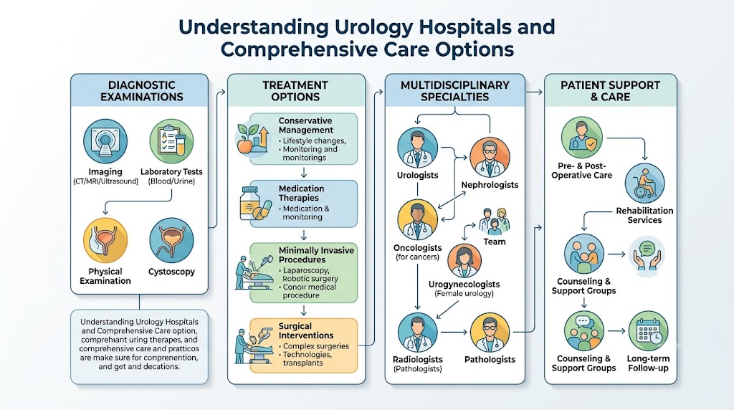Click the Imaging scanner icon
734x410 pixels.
click(105, 141)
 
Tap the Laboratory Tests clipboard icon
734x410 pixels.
click(171, 141)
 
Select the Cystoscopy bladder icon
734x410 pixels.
click(171, 240)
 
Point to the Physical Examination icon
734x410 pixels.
click(105, 240)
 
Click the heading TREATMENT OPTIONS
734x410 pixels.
click(295, 91)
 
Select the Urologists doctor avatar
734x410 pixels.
click(418, 148)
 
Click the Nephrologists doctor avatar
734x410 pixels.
click(490, 157)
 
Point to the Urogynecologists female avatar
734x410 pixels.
click(464, 261)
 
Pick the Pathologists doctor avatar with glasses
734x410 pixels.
click(490, 333)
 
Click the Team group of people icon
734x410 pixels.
click(495, 221)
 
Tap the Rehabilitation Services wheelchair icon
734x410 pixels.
click(644, 183)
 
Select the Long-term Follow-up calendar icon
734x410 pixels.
click(648, 331)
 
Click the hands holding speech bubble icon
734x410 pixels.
click(647, 254)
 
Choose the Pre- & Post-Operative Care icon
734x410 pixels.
click(582, 137)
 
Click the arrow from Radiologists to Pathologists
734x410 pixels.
click(454, 333)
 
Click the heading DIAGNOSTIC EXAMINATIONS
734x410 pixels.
click(141, 91)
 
